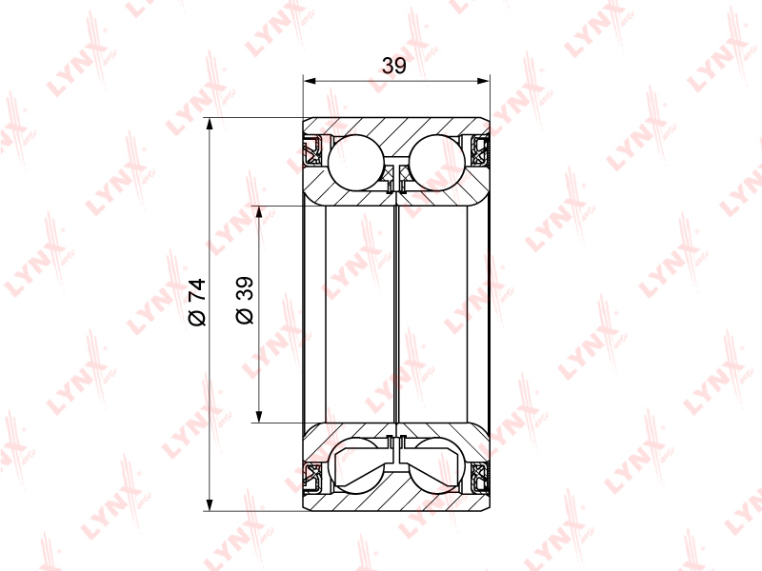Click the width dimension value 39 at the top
[393, 66]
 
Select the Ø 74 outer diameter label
[197, 302]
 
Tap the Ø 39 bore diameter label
[245, 300]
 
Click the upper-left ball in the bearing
[356, 162]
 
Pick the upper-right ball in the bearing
[437, 162]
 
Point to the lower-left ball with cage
[356, 466]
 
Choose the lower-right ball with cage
[437, 466]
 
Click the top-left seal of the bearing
[312, 150]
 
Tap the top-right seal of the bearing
[481, 150]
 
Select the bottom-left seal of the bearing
[312, 478]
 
